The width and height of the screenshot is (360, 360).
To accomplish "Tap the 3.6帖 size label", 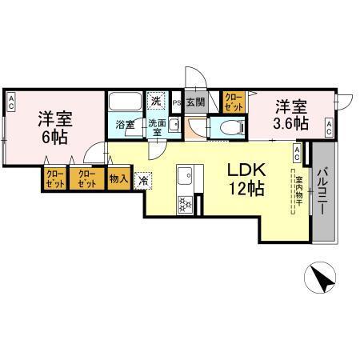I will pos(290,124).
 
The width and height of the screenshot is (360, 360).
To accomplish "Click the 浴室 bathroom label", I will pos(124,125).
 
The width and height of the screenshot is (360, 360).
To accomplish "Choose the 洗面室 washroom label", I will pos(155,128).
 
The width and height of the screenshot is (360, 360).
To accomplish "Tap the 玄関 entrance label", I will pos(194,102).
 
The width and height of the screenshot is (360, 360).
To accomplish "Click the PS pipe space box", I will pos(176,102).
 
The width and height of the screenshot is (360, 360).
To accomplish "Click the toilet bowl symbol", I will pos(225,127).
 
